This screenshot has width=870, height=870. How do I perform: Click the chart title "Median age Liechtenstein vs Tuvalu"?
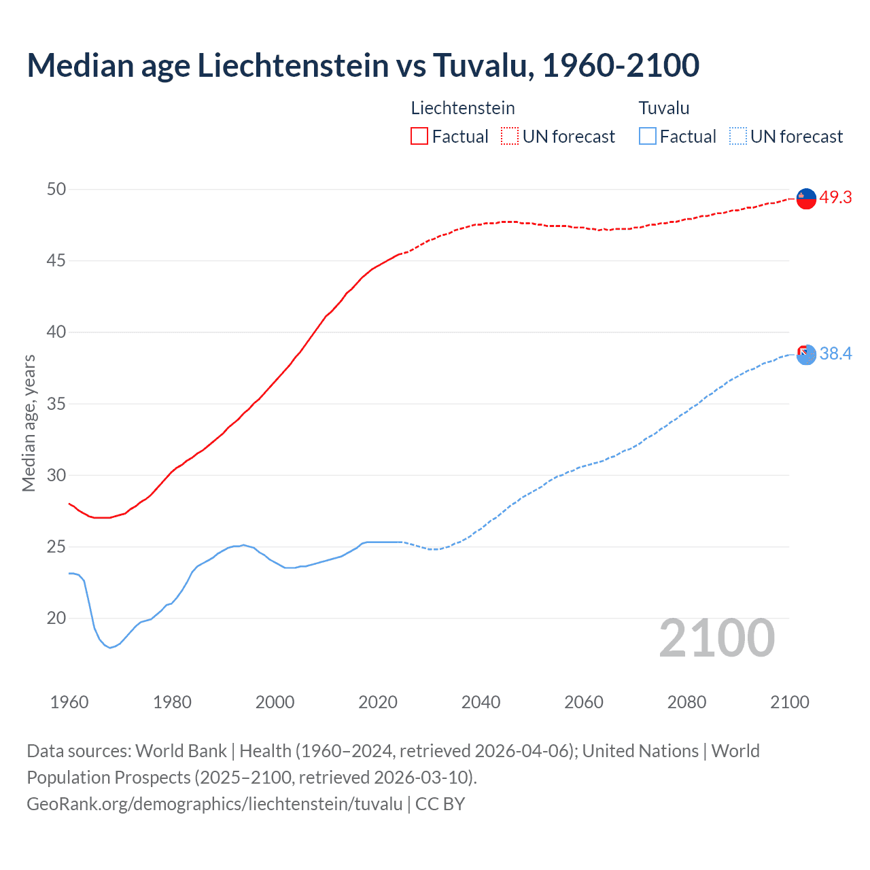363,66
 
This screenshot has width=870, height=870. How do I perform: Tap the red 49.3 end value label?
835,198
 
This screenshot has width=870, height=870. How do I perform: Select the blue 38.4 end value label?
835,354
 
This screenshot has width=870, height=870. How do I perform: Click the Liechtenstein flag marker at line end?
805,198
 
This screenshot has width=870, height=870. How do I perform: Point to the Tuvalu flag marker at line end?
805,354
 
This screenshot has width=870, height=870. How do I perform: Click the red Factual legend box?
419,137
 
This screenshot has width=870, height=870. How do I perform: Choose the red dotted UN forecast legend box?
510,137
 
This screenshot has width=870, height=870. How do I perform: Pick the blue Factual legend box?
648,137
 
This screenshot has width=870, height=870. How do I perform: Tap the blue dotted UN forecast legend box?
738,137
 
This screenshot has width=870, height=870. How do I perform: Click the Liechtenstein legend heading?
463,108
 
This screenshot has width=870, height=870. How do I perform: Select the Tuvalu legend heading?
664,108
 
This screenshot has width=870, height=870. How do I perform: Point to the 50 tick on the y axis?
56,190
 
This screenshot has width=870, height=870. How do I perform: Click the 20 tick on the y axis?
56,619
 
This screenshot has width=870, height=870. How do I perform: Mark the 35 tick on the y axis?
56,404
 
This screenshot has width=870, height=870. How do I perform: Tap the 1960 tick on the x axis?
69,702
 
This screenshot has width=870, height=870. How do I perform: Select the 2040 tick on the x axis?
481,702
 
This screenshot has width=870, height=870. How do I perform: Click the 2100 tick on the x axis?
789,702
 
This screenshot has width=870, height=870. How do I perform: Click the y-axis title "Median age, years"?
29,423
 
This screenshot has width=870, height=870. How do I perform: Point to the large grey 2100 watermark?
716,638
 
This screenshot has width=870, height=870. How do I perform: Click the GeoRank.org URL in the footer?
215,804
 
